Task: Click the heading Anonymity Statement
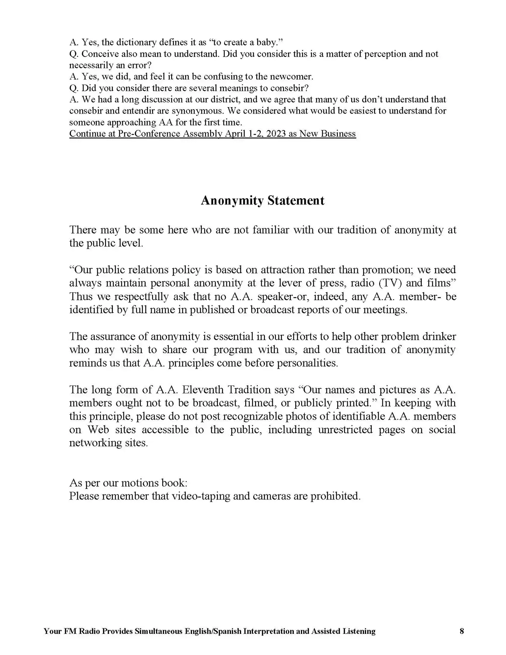click(263, 201)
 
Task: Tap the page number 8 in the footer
click(462, 631)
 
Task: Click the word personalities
click(307, 363)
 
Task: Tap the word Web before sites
click(98, 430)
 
